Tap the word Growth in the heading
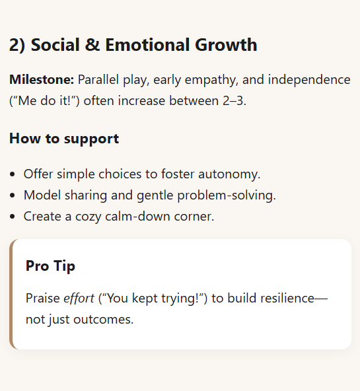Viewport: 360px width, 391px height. (226, 45)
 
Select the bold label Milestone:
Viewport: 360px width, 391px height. (42, 79)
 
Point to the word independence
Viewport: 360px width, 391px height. (309, 79)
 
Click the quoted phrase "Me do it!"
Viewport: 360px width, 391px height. (44, 101)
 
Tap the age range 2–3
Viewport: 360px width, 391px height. (234, 101)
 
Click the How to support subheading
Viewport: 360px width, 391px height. (64, 139)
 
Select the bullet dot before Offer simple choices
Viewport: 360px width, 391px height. (12, 174)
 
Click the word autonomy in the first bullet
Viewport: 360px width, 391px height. (229, 174)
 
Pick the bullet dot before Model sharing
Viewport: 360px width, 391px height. (12, 195)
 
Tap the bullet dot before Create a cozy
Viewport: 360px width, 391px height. (12, 216)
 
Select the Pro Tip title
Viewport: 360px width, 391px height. (50, 266)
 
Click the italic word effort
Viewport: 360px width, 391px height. (79, 298)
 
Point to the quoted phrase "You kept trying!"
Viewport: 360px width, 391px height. (153, 299)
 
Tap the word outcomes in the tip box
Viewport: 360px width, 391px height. (103, 320)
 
